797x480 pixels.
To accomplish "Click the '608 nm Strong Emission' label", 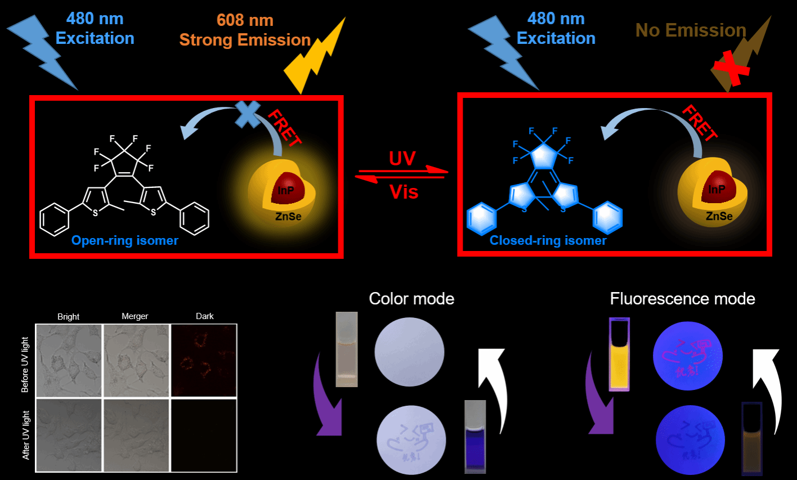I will pyautogui.click(x=245, y=30).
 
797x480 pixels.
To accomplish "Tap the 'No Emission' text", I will pyautogui.click(x=691, y=30).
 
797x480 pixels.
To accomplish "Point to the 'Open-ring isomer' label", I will pyautogui.click(x=124, y=241).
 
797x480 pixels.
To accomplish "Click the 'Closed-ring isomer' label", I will pyautogui.click(x=548, y=241).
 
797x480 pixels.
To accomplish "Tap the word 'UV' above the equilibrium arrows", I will pyautogui.click(x=402, y=159).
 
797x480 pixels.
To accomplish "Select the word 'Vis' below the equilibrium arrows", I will pyautogui.click(x=404, y=192).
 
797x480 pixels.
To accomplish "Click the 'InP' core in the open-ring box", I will pyautogui.click(x=286, y=190).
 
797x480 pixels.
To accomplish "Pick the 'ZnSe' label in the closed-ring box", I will pyautogui.click(x=719, y=216).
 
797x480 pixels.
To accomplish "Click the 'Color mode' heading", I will pyautogui.click(x=411, y=298).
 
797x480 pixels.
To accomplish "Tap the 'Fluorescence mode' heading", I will pyautogui.click(x=682, y=298).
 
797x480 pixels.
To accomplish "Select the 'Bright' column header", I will pyautogui.click(x=68, y=317).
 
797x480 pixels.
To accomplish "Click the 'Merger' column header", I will pyautogui.click(x=135, y=316).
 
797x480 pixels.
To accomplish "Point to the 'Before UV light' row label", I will pyautogui.click(x=25, y=365).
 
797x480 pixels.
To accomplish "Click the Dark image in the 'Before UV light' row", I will pyautogui.click(x=203, y=360).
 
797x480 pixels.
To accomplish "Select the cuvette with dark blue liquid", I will pyautogui.click(x=475, y=438).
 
